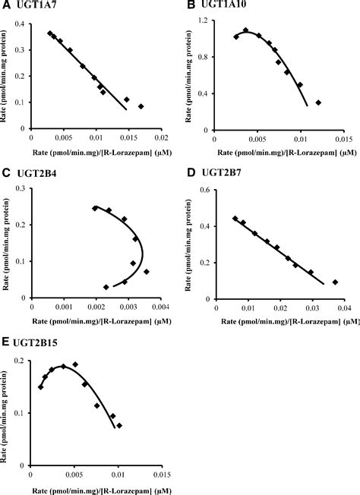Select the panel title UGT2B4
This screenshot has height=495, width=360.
point(37,173)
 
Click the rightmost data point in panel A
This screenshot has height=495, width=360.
point(141,106)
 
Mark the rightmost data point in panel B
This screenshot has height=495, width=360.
point(318,102)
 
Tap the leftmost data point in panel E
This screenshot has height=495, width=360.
point(40,386)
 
